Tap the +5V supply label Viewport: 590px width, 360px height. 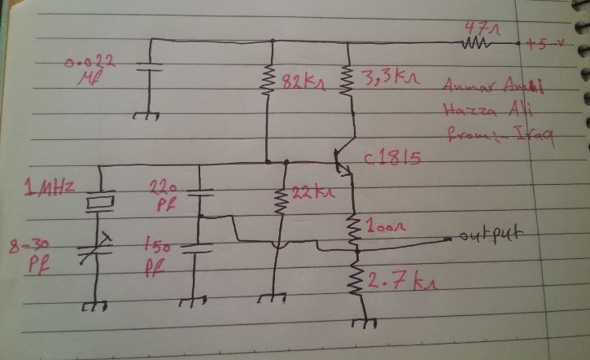tap(544, 43)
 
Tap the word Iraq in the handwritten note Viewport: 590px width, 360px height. tap(534, 137)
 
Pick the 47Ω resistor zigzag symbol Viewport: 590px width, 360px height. tap(475, 42)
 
